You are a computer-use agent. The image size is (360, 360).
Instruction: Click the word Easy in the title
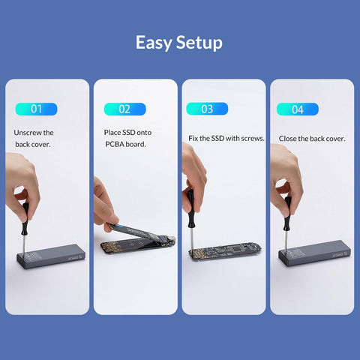click(x=154, y=43)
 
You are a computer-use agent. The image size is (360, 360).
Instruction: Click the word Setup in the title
click(x=199, y=43)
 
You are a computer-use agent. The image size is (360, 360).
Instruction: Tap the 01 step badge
click(x=36, y=109)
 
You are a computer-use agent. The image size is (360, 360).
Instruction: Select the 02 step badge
click(x=124, y=109)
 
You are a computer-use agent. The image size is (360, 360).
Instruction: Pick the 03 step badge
click(x=207, y=109)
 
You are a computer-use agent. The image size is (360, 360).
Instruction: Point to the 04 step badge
click(x=298, y=109)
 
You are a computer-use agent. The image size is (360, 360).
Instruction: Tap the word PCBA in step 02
click(x=115, y=144)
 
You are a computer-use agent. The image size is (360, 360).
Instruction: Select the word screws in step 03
click(x=254, y=138)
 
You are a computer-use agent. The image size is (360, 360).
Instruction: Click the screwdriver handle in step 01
click(x=25, y=219)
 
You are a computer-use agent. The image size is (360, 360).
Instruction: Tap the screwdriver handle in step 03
click(x=190, y=208)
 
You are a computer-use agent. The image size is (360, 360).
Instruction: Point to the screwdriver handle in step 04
click(x=287, y=213)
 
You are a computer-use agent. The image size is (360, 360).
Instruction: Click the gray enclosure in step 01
click(x=51, y=256)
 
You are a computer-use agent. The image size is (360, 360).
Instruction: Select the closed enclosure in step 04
click(x=315, y=253)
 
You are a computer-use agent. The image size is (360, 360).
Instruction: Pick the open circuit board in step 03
click(x=225, y=251)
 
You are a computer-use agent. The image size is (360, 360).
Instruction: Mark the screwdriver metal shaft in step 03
click(x=191, y=238)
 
